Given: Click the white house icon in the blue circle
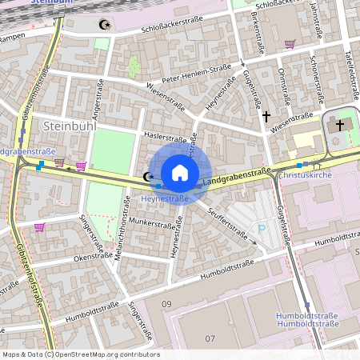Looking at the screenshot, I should [x=180, y=172].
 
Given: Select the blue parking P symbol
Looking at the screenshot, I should [x=262, y=229].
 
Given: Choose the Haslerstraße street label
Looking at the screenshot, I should [x=165, y=138].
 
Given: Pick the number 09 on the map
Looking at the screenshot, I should [x=166, y=304].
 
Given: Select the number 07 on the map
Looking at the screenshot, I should [x=210, y=338].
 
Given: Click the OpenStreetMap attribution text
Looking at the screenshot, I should [x=80, y=354].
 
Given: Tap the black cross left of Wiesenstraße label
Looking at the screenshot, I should [x=266, y=117].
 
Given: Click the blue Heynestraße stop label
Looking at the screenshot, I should [x=164, y=198].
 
